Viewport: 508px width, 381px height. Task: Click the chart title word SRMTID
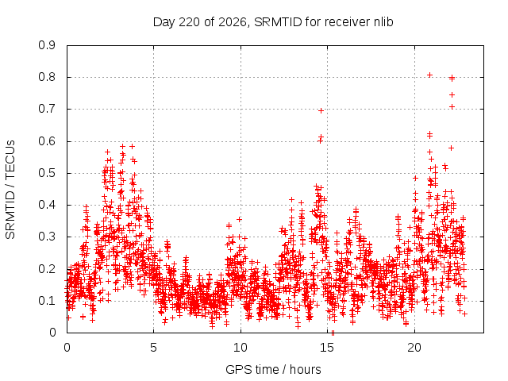[x=278, y=22]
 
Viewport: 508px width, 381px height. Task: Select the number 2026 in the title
[x=232, y=22]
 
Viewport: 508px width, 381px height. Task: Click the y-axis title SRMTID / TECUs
[x=10, y=190]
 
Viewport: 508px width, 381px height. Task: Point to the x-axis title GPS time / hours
[x=273, y=369]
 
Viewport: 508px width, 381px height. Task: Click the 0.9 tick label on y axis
[x=47, y=45]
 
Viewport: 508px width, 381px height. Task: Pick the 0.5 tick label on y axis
[x=47, y=173]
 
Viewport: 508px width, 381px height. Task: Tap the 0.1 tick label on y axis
[x=47, y=301]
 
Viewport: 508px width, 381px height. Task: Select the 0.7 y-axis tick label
[x=47, y=109]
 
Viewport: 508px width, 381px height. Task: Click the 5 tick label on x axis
[x=153, y=348]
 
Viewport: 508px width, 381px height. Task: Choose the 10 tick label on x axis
[x=241, y=348]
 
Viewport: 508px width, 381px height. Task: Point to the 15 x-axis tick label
[x=327, y=348]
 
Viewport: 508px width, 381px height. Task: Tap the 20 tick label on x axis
[x=414, y=348]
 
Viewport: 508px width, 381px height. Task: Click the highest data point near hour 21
[x=430, y=75]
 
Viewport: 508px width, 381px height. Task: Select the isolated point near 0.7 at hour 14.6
[x=321, y=111]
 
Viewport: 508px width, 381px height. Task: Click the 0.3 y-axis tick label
[x=47, y=237]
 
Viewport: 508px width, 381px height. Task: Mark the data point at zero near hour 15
[x=333, y=333]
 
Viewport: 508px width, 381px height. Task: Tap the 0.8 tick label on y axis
[x=47, y=77]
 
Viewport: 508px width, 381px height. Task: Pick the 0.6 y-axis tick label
[x=47, y=141]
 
